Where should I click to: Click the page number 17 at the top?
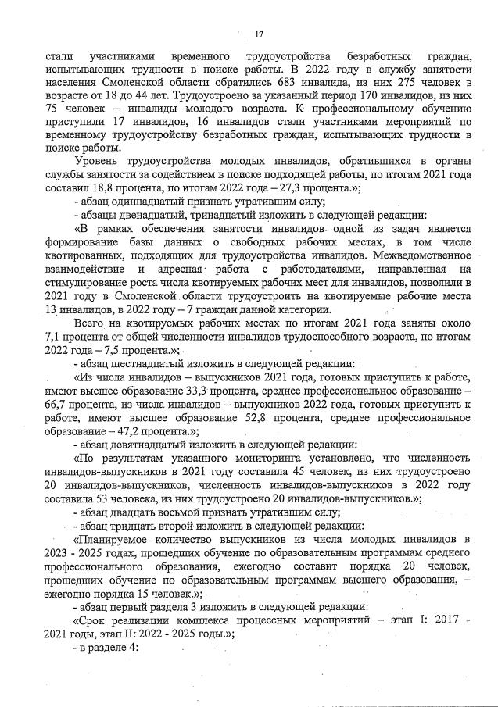[259, 32]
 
